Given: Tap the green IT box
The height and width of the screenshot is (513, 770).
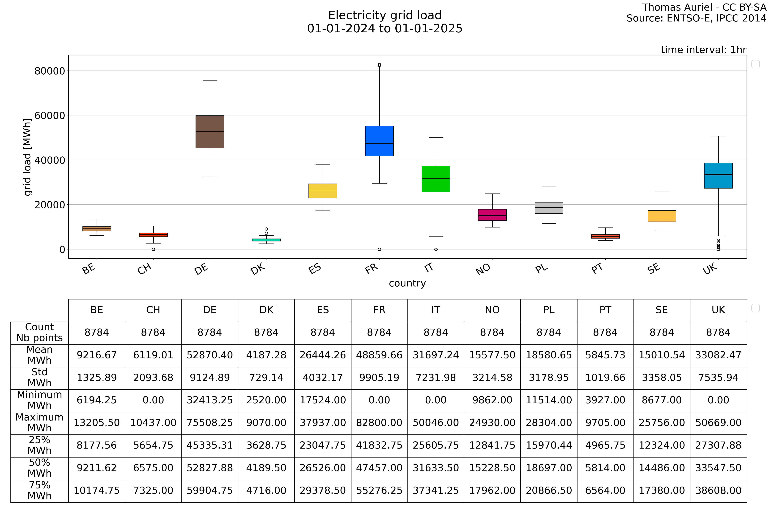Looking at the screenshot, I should [x=436, y=179].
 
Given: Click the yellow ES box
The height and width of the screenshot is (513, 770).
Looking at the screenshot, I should [x=323, y=191].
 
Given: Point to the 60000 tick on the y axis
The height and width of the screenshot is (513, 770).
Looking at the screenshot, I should [x=50, y=115].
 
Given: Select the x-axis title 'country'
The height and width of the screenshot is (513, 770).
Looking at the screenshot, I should [x=407, y=283].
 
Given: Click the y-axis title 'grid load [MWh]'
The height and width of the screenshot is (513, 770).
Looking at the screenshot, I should [x=27, y=157].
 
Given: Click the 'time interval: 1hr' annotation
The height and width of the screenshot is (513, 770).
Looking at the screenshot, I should [x=704, y=50].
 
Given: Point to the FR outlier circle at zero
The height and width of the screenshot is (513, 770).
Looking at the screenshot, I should [x=379, y=249].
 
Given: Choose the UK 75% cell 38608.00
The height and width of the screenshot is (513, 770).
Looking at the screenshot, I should [x=718, y=490].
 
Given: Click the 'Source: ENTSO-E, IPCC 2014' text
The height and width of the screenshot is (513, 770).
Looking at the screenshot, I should [x=696, y=18].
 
